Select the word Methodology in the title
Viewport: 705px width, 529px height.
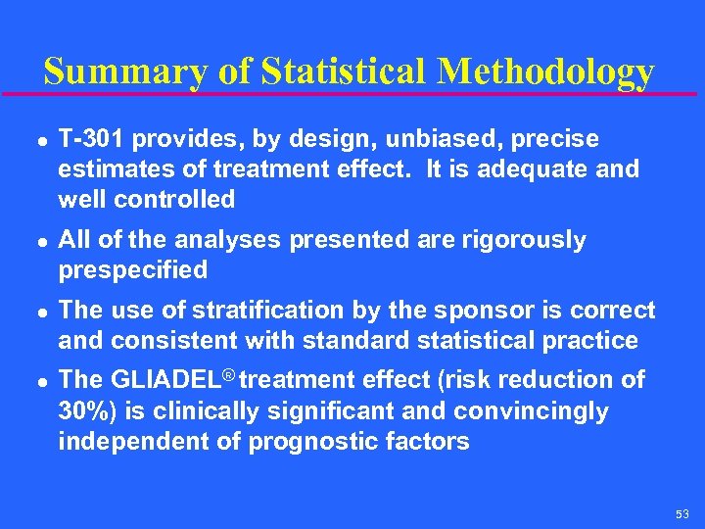(x=545, y=72)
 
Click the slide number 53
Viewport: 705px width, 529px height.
(x=681, y=513)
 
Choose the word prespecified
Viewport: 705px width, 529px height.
(x=133, y=269)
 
